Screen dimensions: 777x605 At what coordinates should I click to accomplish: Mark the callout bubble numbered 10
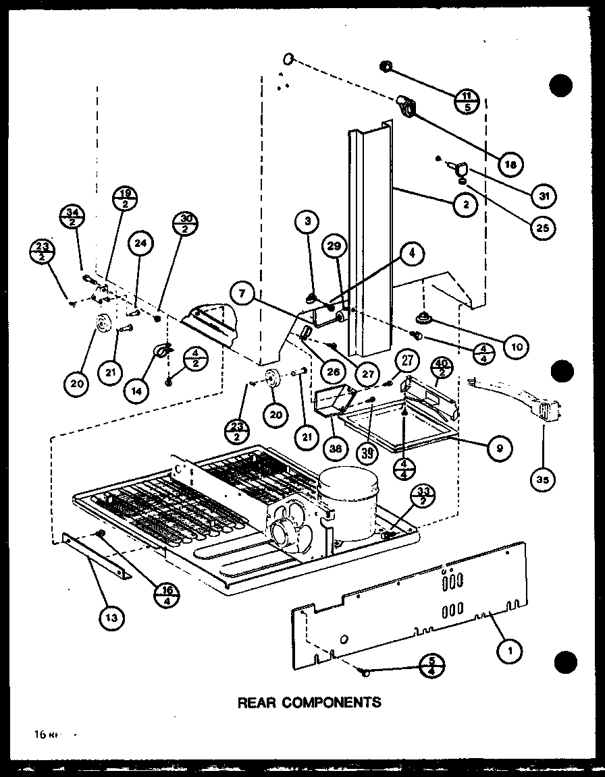(516, 346)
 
